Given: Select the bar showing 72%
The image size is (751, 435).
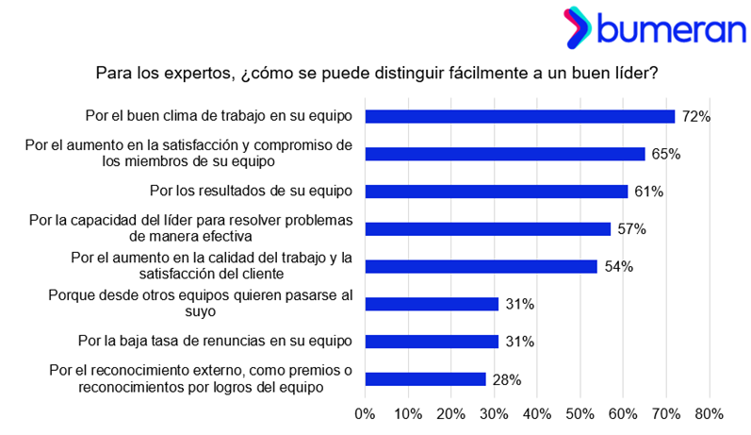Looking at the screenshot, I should (519, 116).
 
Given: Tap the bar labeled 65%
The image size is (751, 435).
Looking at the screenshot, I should (504, 154).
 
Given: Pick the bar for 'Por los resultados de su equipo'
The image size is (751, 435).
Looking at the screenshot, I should (496, 191).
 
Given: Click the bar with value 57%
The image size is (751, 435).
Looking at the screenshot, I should (487, 228).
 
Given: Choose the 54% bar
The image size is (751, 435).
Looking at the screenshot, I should (481, 266).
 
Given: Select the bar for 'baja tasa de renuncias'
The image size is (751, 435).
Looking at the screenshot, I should (432, 342).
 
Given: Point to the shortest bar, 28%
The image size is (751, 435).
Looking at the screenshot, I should (425, 379).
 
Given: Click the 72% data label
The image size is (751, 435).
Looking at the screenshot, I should (695, 116).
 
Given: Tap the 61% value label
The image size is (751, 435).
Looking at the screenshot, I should (648, 192).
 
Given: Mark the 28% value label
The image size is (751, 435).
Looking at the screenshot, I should (506, 379).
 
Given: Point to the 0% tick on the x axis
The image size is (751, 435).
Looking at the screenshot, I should (365, 413).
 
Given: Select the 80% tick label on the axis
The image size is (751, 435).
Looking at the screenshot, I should (709, 413).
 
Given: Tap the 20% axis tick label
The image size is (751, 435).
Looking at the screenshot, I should (450, 413).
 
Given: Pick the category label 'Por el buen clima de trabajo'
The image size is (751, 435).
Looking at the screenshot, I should (218, 116).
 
